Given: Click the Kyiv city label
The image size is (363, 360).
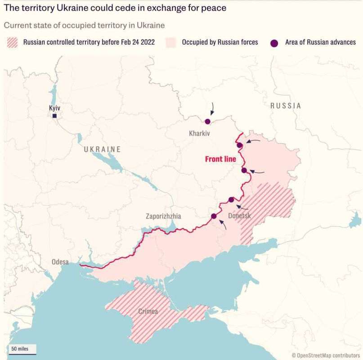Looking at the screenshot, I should click(x=54, y=108).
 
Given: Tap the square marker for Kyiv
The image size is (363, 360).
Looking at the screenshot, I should click(x=54, y=116).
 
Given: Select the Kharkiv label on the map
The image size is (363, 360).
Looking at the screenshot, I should click(x=199, y=134).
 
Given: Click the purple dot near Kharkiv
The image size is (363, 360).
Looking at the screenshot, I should click(x=207, y=121).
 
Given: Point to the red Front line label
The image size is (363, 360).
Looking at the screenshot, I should click(x=220, y=159).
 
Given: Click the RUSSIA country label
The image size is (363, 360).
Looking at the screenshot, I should click(x=285, y=106).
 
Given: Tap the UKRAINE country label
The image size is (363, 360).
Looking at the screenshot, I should click(x=102, y=149).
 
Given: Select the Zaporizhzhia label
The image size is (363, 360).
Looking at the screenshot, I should click(x=163, y=216).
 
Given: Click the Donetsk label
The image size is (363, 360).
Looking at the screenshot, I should click(x=239, y=216).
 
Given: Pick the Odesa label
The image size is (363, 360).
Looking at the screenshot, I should click(x=60, y=262).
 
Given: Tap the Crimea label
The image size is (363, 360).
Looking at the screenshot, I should click(x=148, y=311).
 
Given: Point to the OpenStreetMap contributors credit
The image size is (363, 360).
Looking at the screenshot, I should click(x=326, y=355).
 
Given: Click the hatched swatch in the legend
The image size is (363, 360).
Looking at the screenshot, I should click(x=12, y=42).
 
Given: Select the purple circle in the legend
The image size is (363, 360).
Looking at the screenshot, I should click(x=274, y=43).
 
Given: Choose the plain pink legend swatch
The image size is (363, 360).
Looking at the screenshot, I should click(x=171, y=42).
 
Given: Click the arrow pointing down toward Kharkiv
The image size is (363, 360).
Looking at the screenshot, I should click(x=212, y=108).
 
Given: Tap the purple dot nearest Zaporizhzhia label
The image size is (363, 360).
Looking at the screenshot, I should click(x=214, y=216).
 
